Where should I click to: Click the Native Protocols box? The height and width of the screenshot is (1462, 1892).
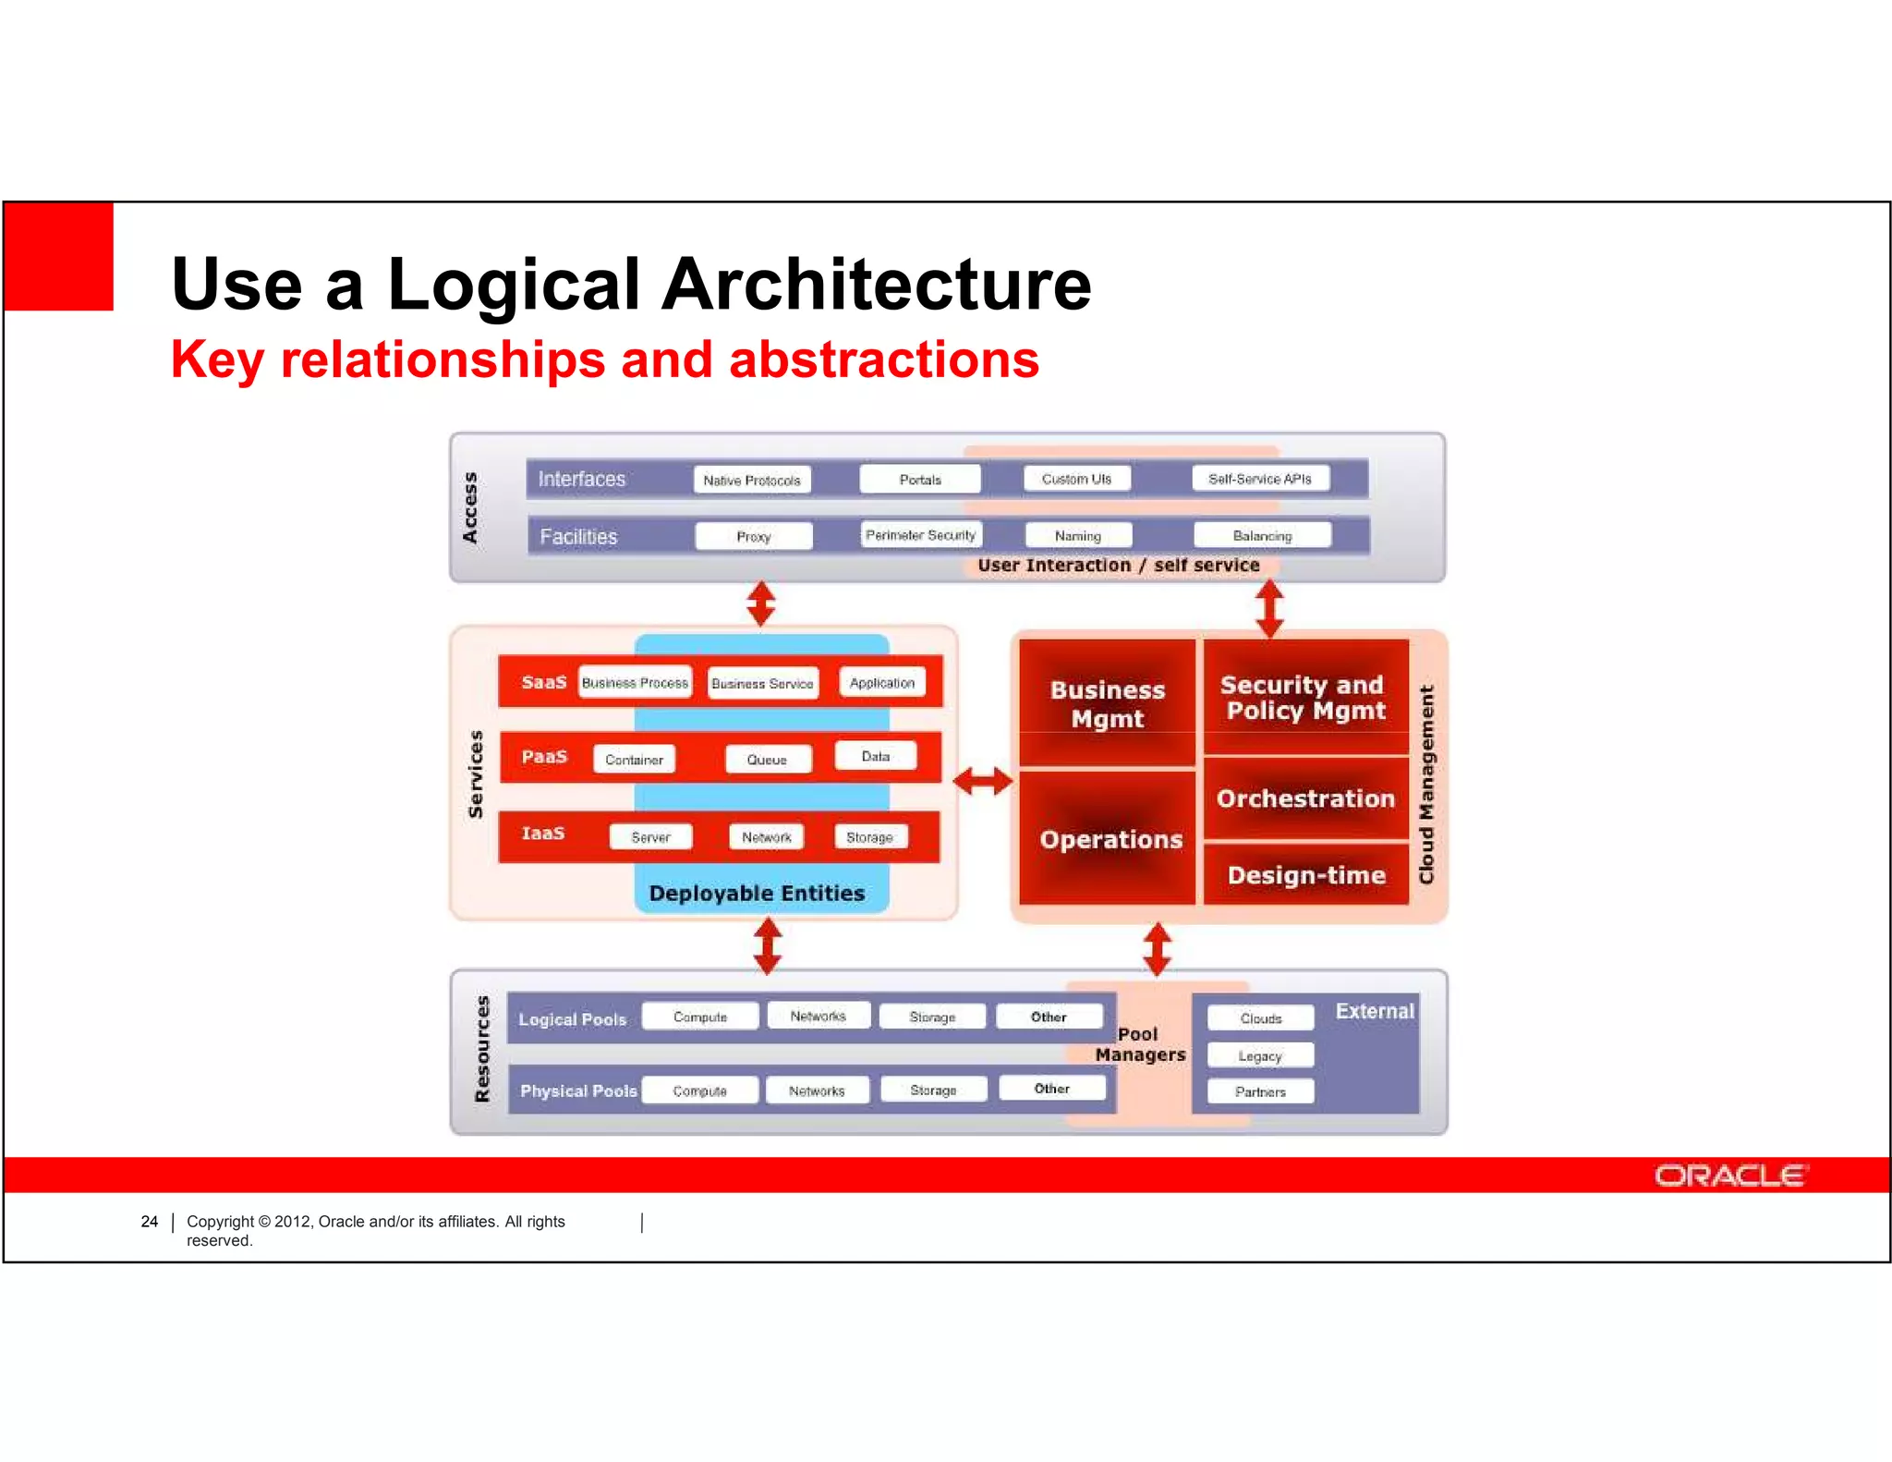pyautogui.click(x=751, y=480)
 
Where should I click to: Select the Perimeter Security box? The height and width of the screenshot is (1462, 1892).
pyautogui.click(x=920, y=535)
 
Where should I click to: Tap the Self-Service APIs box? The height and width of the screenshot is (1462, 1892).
pyautogui.click(x=1259, y=479)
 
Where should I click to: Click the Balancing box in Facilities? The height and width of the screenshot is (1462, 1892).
pyautogui.click(x=1262, y=535)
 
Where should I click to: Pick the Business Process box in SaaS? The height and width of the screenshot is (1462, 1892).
pyautogui.click(x=635, y=683)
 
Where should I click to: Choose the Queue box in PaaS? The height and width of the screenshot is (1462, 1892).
pyautogui.click(x=767, y=760)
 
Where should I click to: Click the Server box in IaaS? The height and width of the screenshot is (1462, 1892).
pyautogui.click(x=650, y=837)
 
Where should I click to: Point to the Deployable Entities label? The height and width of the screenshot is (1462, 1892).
pyautogui.click(x=757, y=893)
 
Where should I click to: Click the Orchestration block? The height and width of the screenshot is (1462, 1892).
pyautogui.click(x=1305, y=798)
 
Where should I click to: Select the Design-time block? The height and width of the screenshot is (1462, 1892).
pyautogui.click(x=1305, y=874)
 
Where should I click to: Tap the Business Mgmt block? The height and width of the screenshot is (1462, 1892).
pyautogui.click(x=1107, y=704)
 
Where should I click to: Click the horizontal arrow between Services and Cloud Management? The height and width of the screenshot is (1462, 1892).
pyautogui.click(x=983, y=782)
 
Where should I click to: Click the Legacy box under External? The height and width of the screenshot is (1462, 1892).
pyautogui.click(x=1259, y=1055)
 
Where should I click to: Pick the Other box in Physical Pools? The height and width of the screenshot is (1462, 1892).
pyautogui.click(x=1051, y=1089)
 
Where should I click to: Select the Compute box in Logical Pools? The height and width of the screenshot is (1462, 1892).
pyautogui.click(x=699, y=1017)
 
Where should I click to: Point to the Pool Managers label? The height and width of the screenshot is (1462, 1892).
pyautogui.click(x=1139, y=1044)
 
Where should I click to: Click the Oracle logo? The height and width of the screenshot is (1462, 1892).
pyautogui.click(x=1729, y=1176)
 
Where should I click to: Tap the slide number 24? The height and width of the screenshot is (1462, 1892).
pyautogui.click(x=149, y=1222)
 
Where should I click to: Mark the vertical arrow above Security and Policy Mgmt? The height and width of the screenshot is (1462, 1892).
pyautogui.click(x=1269, y=607)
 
